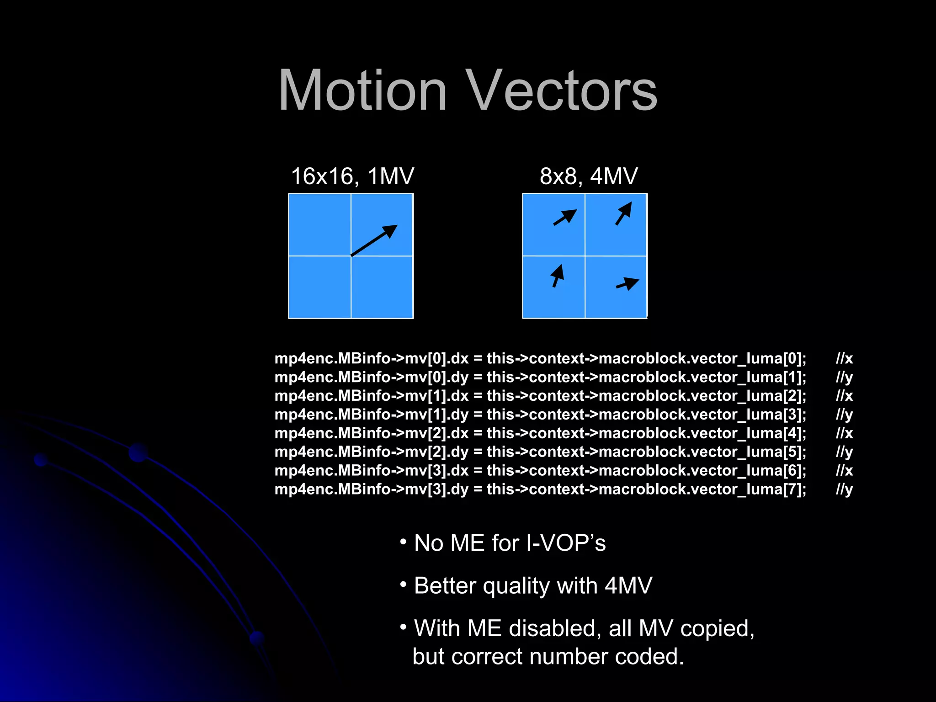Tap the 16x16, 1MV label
point(352,176)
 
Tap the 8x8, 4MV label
point(589,176)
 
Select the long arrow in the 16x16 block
point(374,240)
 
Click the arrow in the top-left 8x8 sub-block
point(565,217)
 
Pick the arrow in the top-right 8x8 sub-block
point(624,213)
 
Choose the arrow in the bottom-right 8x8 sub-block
point(628,284)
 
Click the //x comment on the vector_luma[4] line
point(844,433)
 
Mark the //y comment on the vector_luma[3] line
point(844,415)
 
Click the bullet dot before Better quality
point(403,585)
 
